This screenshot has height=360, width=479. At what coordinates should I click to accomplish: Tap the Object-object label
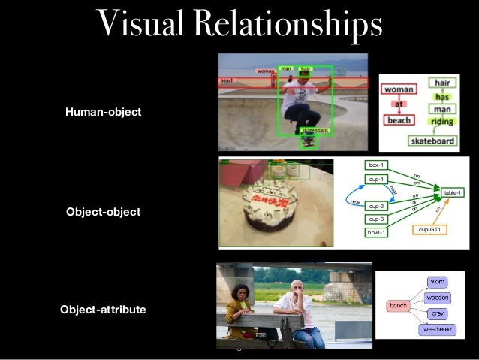tap(103, 212)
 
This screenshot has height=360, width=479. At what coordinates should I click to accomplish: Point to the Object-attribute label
tap(104, 309)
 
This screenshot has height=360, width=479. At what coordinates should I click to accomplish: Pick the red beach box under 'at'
tap(400, 119)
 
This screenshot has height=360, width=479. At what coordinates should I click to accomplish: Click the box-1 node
tap(376, 165)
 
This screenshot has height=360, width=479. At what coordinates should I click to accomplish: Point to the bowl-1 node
tap(376, 232)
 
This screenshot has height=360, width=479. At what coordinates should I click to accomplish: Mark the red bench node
tap(397, 305)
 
